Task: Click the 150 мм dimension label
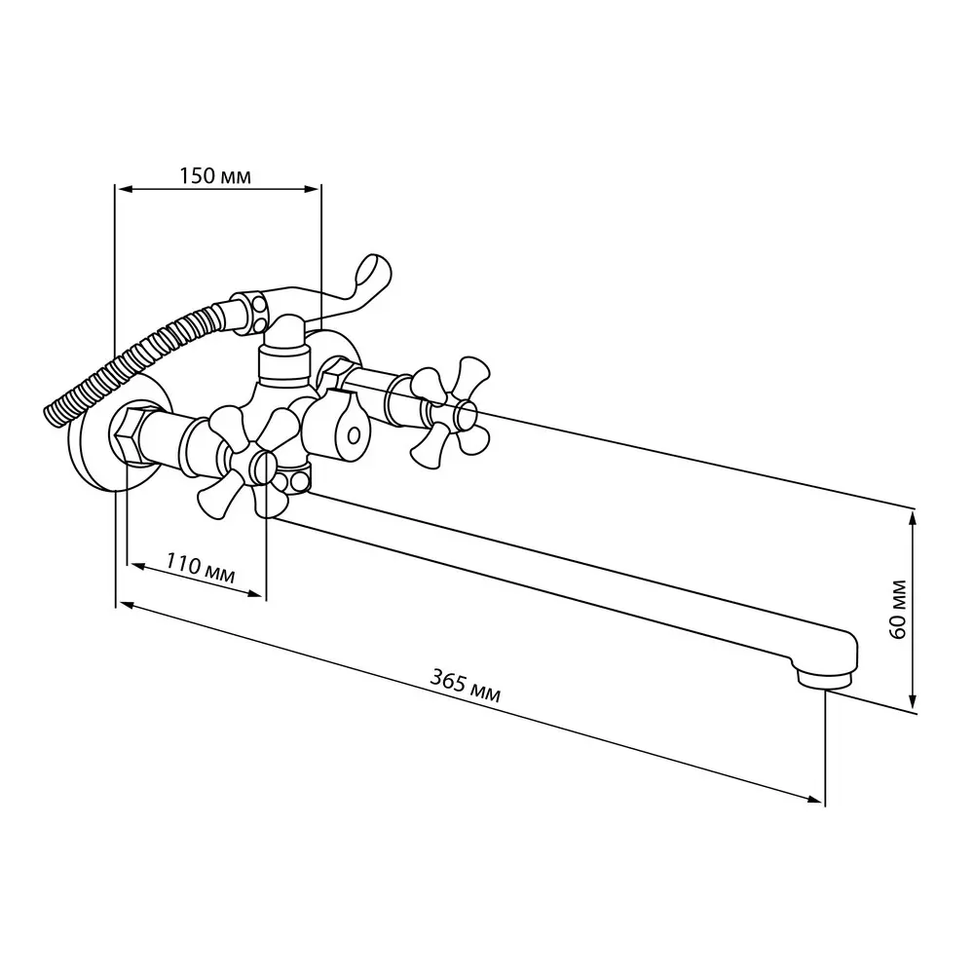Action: click(x=215, y=175)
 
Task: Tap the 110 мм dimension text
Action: click(x=200, y=569)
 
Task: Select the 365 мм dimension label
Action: click(x=465, y=685)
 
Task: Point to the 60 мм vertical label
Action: click(x=898, y=609)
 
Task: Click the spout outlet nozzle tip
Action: click(x=823, y=678)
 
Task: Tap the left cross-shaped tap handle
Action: click(x=247, y=461)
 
